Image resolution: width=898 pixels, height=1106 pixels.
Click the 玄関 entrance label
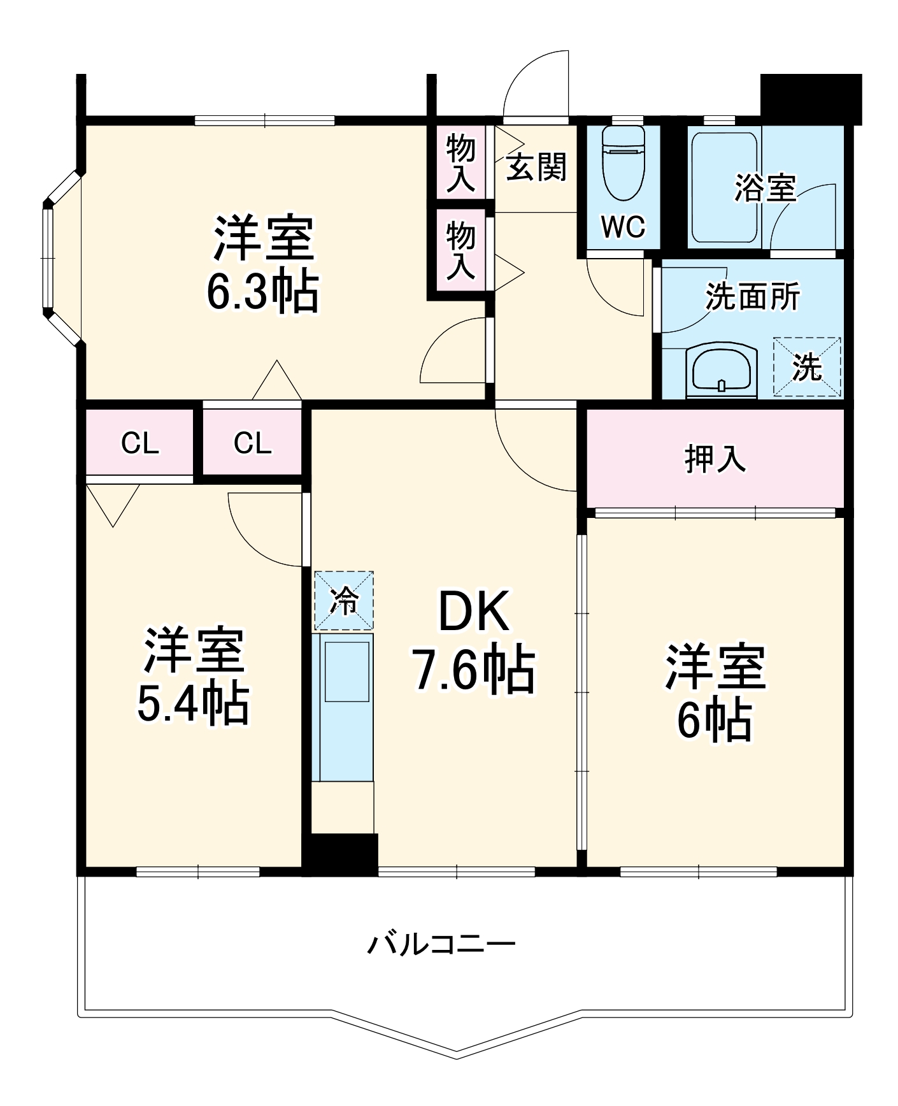pos(536,168)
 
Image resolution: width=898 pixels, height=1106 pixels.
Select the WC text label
pos(623,226)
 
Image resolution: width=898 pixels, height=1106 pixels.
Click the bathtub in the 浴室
pos(725,187)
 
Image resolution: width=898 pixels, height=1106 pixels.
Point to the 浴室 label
pos(765,188)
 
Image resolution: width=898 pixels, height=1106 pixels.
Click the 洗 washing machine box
pos(807,367)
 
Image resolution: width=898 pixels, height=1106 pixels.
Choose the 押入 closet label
pos(715,458)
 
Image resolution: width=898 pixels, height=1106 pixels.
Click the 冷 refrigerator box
pos(344,601)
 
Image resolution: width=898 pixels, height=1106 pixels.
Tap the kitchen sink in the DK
pos(347,671)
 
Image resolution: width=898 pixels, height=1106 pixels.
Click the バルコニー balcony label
pos(441,944)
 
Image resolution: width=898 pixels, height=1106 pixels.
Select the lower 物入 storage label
pos(460,250)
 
